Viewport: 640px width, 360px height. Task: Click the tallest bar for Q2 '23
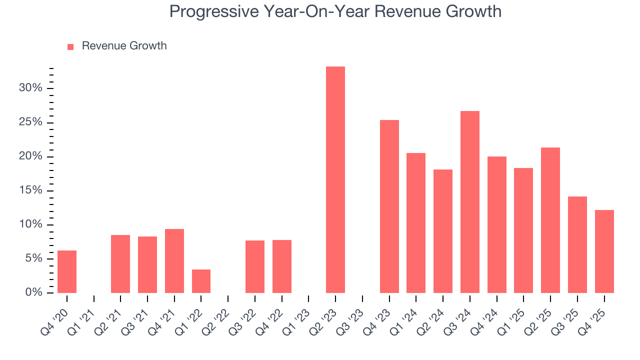(335, 179)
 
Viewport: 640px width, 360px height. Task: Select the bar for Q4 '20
(67, 271)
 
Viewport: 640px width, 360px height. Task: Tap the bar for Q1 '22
(201, 281)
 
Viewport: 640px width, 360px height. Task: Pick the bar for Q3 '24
(470, 202)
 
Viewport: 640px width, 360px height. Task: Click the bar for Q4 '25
(604, 251)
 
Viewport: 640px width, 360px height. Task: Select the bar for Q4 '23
(389, 206)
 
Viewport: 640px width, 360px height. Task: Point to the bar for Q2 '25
(550, 220)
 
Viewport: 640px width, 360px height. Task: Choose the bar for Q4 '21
(174, 261)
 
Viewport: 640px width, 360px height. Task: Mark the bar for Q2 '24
(443, 231)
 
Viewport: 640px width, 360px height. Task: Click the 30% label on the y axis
(30, 88)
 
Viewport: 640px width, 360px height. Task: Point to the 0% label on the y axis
(33, 292)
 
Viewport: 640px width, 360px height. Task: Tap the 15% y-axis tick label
(30, 190)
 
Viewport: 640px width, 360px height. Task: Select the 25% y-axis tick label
(30, 122)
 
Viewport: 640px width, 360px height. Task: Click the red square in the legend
(70, 46)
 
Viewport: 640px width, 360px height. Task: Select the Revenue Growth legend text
(124, 46)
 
